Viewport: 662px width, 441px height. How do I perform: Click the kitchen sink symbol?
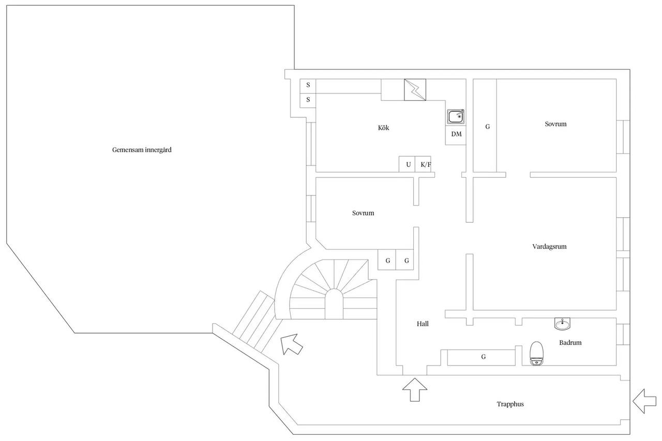456,116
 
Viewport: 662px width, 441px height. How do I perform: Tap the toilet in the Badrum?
536,353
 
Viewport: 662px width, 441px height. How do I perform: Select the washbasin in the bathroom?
562,324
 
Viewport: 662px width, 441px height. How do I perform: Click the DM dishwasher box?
456,135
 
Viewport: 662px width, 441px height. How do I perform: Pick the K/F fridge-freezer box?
423,164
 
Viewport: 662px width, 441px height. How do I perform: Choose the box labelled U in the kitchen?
407,164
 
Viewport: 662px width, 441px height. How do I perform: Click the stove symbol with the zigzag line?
415,90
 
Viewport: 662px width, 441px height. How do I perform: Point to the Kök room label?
384,128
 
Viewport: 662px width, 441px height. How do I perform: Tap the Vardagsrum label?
549,246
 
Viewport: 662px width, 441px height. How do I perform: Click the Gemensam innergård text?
142,150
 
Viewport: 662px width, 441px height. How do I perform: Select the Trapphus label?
510,404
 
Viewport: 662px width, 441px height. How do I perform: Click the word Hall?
423,324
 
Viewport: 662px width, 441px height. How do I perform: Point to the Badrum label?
570,343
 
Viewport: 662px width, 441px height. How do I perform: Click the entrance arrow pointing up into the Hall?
415,390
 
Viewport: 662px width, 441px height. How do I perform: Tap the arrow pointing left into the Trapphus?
644,401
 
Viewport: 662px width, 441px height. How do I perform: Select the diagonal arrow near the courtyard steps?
291,344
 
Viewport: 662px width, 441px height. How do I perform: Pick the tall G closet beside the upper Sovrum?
485,125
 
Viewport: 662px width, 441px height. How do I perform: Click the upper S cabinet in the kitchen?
308,86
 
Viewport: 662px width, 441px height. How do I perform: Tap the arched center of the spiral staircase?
334,304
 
